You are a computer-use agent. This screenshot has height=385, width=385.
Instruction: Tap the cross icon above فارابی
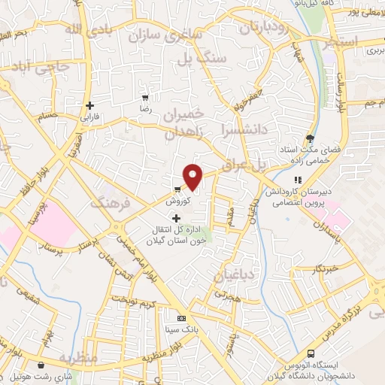click(x=89, y=106)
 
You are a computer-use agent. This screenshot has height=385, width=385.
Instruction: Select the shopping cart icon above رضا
click(x=145, y=99)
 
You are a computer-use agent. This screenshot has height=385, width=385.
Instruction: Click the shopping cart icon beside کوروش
click(x=177, y=189)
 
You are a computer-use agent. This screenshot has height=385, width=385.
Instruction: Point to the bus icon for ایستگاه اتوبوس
click(x=311, y=353)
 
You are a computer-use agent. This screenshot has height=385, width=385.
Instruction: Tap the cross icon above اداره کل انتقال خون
click(x=176, y=218)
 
